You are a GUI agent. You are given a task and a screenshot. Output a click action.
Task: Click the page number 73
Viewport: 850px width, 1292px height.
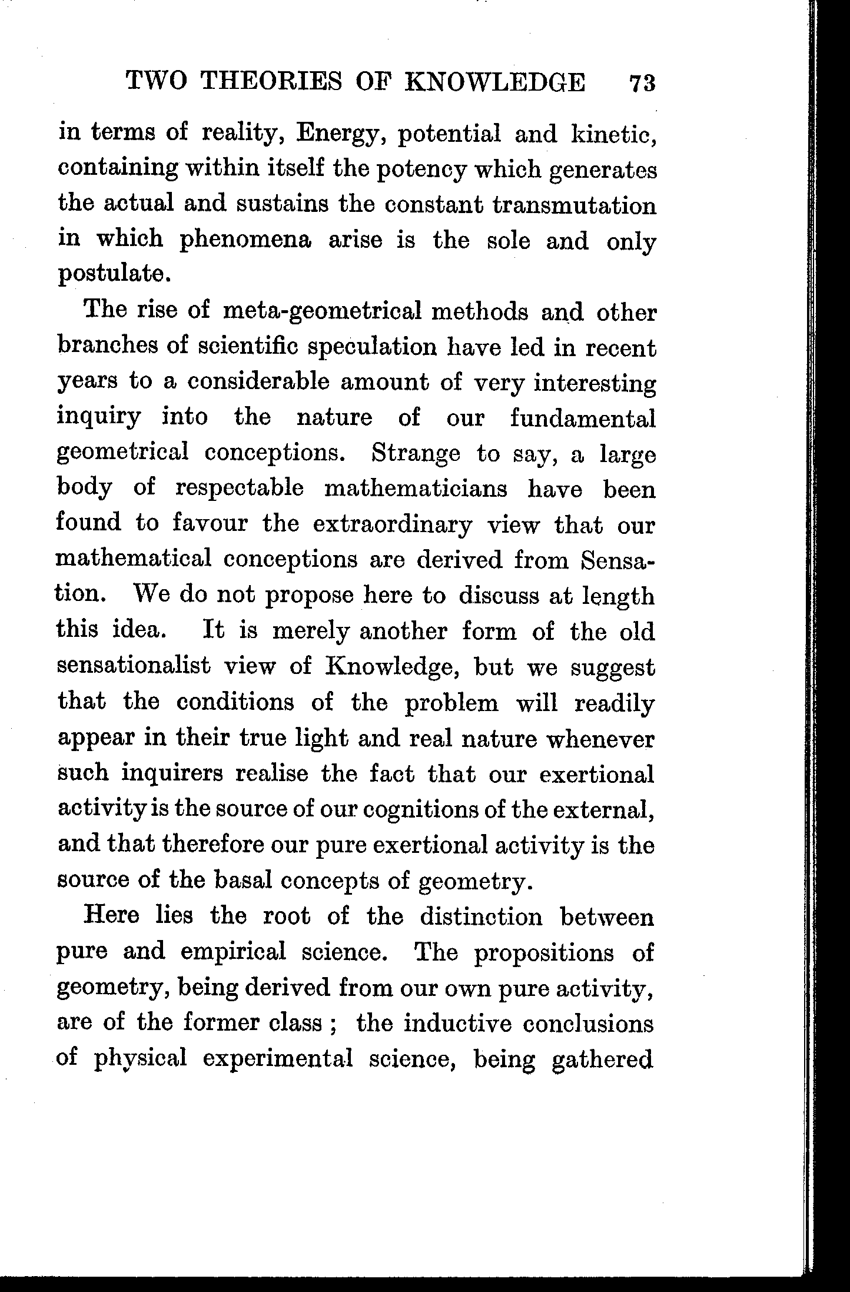coord(642,83)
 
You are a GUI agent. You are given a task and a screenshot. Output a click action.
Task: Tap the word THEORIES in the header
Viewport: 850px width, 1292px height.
coord(271,82)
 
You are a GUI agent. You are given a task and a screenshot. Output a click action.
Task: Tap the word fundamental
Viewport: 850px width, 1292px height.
coord(582,419)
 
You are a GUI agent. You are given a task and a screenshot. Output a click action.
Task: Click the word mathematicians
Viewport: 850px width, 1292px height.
coord(416,489)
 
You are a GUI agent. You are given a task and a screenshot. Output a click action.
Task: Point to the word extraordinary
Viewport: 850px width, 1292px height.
coord(392,524)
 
